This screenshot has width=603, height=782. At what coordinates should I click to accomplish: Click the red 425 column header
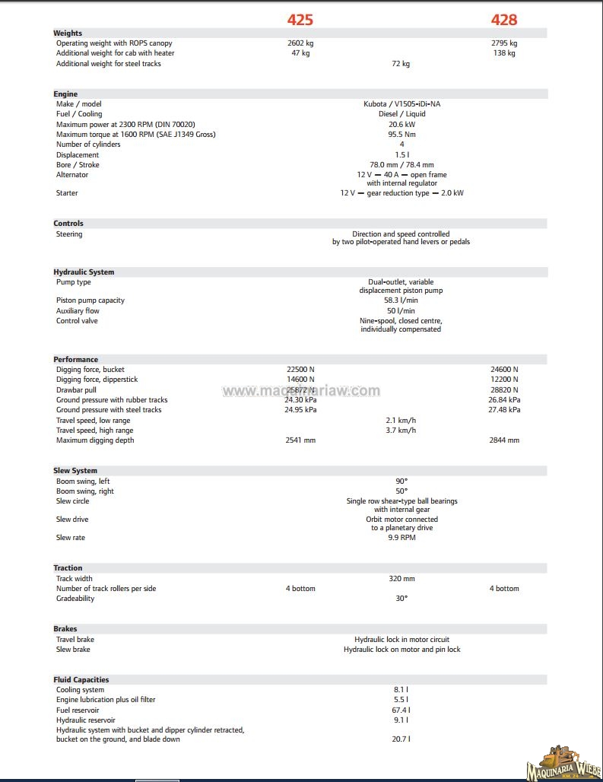(x=300, y=20)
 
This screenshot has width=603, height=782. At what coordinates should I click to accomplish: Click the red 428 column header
(x=503, y=20)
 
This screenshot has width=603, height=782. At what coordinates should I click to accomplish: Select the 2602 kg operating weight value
(x=300, y=43)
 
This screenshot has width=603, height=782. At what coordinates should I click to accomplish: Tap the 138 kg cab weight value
(x=504, y=53)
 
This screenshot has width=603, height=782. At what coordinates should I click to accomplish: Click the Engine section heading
(x=65, y=94)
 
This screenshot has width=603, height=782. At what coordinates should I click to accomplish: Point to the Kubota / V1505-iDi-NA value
(x=401, y=104)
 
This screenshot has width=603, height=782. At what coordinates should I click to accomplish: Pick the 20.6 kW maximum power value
(x=401, y=124)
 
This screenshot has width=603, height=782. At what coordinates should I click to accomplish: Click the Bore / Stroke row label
(x=78, y=165)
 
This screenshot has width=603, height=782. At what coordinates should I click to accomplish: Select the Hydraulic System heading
(x=84, y=272)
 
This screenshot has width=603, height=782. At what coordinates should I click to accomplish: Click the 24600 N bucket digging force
(x=504, y=370)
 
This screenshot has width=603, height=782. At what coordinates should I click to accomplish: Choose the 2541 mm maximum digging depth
(x=300, y=440)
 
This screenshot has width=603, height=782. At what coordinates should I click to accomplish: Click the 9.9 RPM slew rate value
(x=401, y=538)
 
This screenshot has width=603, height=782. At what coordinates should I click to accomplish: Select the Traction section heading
(x=68, y=568)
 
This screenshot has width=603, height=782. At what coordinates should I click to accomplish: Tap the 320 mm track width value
(x=401, y=579)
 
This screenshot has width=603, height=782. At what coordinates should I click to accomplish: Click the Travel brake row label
(x=75, y=640)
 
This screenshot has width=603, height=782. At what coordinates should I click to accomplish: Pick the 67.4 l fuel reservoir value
(x=401, y=710)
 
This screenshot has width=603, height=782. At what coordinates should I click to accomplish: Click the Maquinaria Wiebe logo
(x=563, y=762)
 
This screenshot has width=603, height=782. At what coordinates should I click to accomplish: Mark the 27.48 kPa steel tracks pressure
(x=504, y=410)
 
